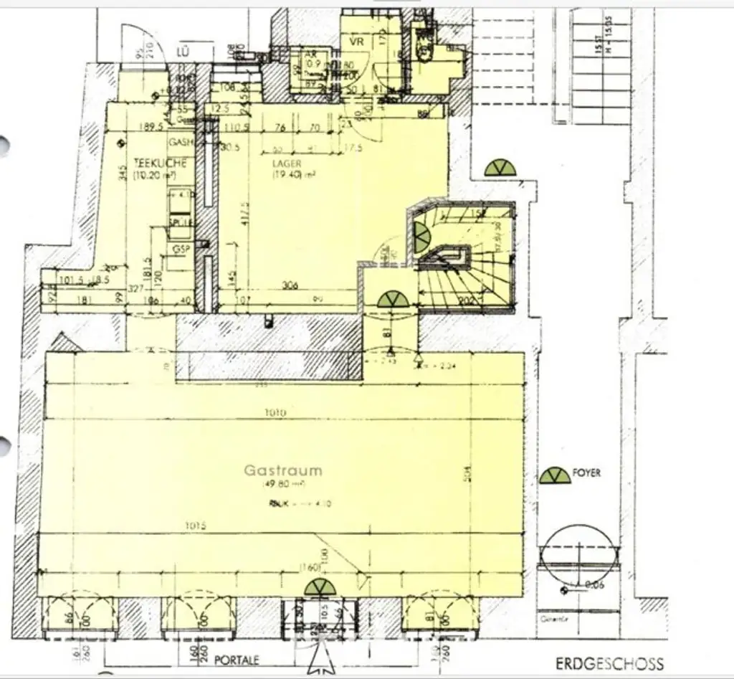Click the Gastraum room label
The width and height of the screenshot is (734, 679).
click(282, 471)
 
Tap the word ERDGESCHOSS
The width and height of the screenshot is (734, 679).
click(609, 664)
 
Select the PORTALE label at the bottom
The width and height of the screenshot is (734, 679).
click(236, 660)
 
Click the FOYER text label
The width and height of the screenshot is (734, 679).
click(586, 473)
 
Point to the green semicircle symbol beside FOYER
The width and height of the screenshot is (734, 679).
click(555, 475)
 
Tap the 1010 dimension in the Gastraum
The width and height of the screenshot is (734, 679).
click(275, 413)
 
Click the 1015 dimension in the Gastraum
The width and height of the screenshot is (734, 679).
click(195, 526)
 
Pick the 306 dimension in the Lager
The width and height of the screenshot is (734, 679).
click(290, 285)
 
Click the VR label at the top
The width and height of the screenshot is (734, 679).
click(356, 42)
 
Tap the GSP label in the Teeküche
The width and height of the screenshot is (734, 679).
click(180, 248)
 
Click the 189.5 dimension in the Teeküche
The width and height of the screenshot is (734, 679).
click(150, 127)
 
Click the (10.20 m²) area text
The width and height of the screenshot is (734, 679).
click(161, 174)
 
